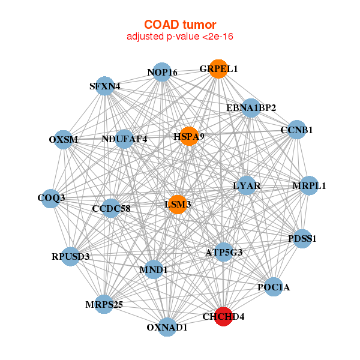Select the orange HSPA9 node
(x=189, y=136)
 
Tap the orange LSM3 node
(x=178, y=205)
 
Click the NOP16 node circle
(x=162, y=73)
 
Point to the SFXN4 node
(x=105, y=86)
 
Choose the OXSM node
(x=63, y=139)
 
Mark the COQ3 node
(x=51, y=197)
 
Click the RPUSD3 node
(x=70, y=256)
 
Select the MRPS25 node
(x=104, y=304)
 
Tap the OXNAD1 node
(x=167, y=327)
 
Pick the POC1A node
(x=273, y=287)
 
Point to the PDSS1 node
(x=302, y=238)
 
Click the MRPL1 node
(x=309, y=185)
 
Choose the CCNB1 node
(x=296, y=130)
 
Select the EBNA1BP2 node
(x=251, y=108)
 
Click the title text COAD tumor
(x=179, y=25)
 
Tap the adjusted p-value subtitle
(x=179, y=37)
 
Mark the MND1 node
(x=153, y=270)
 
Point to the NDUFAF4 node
(x=124, y=139)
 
